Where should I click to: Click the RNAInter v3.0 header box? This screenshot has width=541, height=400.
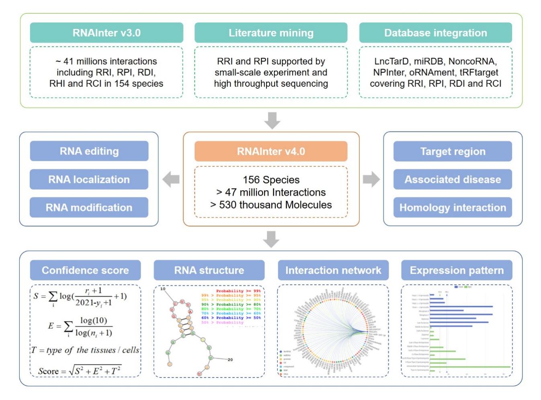click(107, 33)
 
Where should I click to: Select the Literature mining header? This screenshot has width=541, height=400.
click(271, 33)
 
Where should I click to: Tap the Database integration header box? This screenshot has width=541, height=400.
click(435, 33)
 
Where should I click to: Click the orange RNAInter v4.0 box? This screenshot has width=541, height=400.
click(271, 152)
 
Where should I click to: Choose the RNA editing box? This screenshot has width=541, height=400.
click(89, 151)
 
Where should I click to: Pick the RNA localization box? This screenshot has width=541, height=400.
click(89, 179)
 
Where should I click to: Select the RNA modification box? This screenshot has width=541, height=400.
click(89, 207)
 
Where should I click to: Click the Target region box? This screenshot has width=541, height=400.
click(453, 152)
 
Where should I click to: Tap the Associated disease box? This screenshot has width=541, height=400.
click(453, 179)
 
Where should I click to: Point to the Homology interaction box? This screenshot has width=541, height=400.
click(453, 207)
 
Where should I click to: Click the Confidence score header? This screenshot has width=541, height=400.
click(85, 270)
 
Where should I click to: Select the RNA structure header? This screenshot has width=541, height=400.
click(209, 270)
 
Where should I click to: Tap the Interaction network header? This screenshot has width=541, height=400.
click(333, 270)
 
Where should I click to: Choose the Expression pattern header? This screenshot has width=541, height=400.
click(457, 270)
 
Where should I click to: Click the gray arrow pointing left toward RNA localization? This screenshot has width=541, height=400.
click(171, 179)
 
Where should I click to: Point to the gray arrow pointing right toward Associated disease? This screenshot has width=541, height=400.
click(371, 179)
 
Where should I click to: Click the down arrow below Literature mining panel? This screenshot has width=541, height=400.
click(272, 121)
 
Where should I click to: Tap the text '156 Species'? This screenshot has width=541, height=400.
click(271, 180)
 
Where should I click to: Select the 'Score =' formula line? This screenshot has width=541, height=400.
click(80, 370)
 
